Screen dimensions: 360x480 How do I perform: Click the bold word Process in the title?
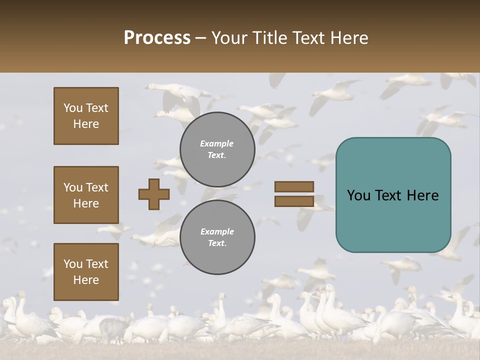coord(157,38)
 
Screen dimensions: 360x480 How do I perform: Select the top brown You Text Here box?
coord(86,116)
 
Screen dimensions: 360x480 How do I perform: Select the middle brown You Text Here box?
coord(86,195)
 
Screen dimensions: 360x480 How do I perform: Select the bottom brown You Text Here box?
coord(86,272)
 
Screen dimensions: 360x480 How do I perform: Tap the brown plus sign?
coord(154,194)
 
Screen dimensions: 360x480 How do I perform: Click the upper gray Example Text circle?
coord(217,149)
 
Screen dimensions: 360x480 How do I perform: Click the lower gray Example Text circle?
coord(217,237)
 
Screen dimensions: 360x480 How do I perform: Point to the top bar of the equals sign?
coord(294,187)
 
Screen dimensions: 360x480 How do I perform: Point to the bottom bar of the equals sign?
coord(294,201)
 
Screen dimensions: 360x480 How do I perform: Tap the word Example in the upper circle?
coord(217,143)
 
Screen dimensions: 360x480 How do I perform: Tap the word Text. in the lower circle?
coord(217,243)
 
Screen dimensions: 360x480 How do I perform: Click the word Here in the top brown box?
coord(86,124)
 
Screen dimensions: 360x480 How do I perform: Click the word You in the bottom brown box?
coord(73,264)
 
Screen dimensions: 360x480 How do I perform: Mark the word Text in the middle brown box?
coord(97,187)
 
